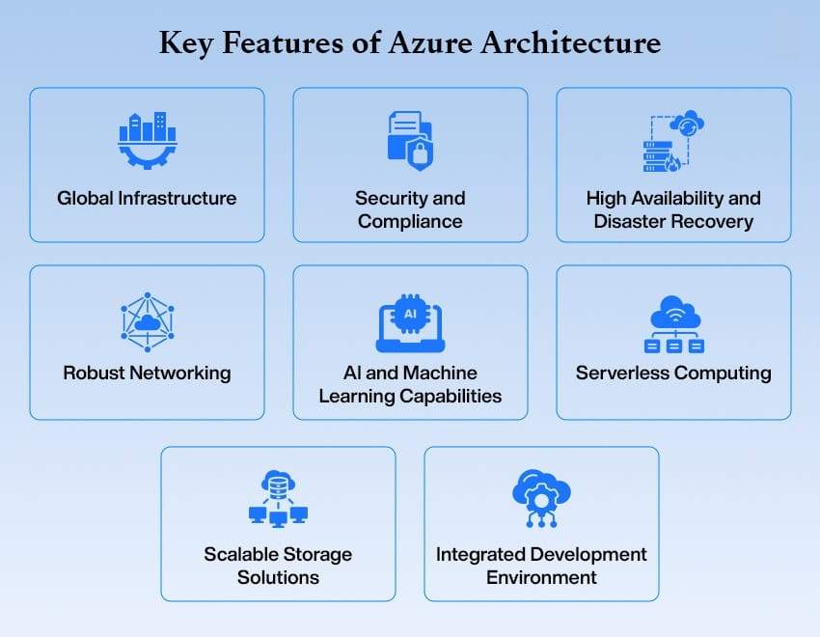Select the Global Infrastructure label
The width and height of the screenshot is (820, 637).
[x=147, y=199]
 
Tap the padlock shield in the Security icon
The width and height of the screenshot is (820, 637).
[x=420, y=152]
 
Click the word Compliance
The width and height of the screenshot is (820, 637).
[x=410, y=221]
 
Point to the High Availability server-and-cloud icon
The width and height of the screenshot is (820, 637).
[x=673, y=142]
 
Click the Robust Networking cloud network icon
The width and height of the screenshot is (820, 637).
[x=147, y=320]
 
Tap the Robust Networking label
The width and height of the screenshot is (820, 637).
[x=147, y=373]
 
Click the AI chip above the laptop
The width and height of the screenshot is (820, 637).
[x=410, y=314]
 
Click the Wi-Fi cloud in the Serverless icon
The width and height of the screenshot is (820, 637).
[x=673, y=311]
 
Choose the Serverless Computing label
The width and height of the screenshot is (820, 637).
[x=673, y=373]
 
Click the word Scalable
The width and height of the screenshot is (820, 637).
[x=240, y=555]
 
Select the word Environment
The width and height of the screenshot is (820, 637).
[x=541, y=578]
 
